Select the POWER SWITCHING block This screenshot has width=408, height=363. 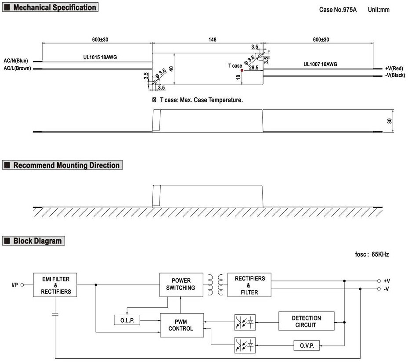pyautogui.click(x=181, y=284)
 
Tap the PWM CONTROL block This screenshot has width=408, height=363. pyautogui.click(x=182, y=325)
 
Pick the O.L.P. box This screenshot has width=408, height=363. pyautogui.click(x=127, y=321)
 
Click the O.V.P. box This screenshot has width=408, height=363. pyautogui.click(x=307, y=345)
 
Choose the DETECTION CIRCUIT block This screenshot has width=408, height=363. pyautogui.click(x=306, y=321)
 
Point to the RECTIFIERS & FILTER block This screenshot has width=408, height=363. pyautogui.click(x=249, y=285)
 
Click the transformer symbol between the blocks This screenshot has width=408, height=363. pyautogui.click(x=215, y=284)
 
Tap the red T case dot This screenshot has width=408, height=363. pyautogui.click(x=242, y=70)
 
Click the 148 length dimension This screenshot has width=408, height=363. pyautogui.click(x=212, y=40)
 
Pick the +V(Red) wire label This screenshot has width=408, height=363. pyautogui.click(x=394, y=68)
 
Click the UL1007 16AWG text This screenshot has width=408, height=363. pyautogui.click(x=320, y=64)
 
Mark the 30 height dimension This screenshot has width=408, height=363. pyautogui.click(x=389, y=121)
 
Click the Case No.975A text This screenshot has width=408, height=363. pyautogui.click(x=337, y=10)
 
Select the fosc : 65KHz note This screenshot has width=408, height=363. pyautogui.click(x=372, y=254)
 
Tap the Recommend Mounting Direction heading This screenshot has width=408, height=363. pyautogui.click(x=66, y=165)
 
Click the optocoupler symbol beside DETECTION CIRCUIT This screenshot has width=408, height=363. pyautogui.click(x=245, y=321)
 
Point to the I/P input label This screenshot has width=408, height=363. pyautogui.click(x=15, y=285)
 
